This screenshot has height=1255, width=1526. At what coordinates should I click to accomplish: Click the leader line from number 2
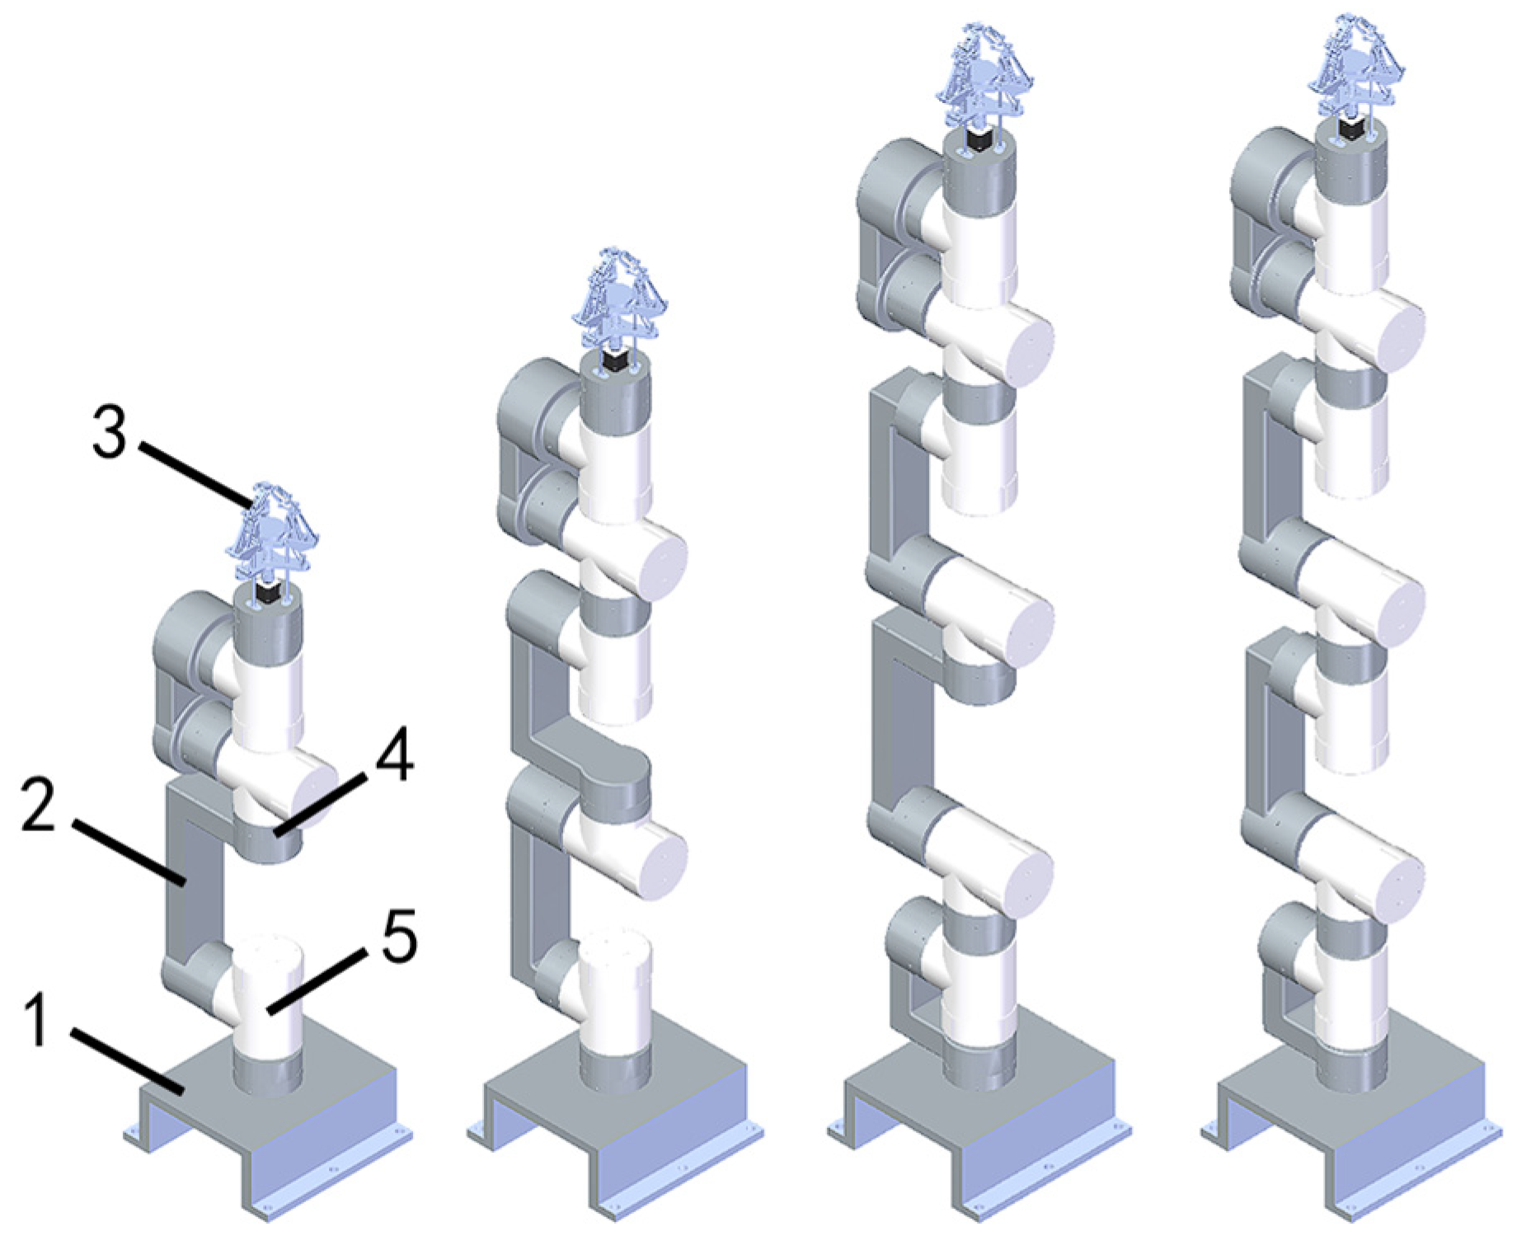[x=127, y=852]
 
